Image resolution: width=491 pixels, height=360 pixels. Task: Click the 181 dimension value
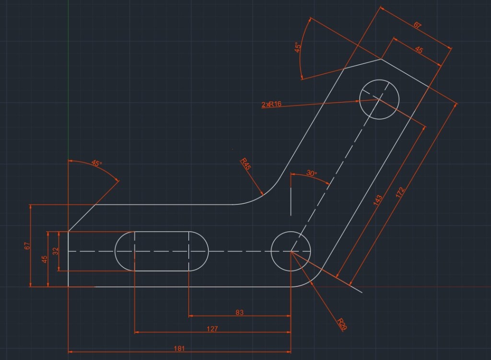(179, 348)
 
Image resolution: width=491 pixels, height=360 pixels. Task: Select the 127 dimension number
(212, 329)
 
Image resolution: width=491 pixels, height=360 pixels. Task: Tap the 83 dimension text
(239, 312)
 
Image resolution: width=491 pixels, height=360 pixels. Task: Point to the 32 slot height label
(56, 251)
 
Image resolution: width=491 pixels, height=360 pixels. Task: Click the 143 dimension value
(378, 200)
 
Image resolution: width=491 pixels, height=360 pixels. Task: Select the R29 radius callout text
(341, 325)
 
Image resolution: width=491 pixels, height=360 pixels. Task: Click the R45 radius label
(245, 164)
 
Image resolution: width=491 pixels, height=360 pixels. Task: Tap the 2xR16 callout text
(271, 104)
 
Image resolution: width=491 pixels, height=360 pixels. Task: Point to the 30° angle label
(312, 173)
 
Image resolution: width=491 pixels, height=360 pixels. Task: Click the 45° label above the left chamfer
(96, 163)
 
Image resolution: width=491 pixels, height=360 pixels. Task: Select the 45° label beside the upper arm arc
(298, 47)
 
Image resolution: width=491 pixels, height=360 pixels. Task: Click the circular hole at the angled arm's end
(379, 99)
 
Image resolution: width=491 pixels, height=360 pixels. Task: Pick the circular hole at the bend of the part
(291, 251)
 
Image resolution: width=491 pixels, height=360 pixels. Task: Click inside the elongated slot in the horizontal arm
(162, 251)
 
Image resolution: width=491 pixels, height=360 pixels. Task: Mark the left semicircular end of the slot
(125, 251)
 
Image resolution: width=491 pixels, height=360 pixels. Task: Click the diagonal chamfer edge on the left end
(82, 218)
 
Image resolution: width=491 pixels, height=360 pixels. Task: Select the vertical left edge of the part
(68, 259)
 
